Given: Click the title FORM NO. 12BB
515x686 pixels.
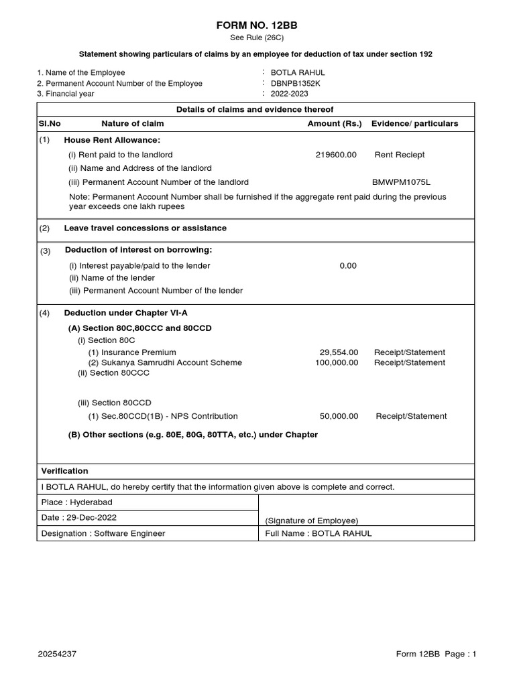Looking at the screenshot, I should pyautogui.click(x=257, y=25).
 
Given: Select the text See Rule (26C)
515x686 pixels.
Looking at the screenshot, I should pyautogui.click(x=257, y=38).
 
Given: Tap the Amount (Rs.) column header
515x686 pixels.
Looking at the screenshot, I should pyautogui.click(x=334, y=123).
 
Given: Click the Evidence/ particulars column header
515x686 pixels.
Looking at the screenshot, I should pyautogui.click(x=414, y=123).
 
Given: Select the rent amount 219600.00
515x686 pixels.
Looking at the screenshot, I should pyautogui.click(x=336, y=155).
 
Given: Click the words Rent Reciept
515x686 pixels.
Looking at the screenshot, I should pyautogui.click(x=399, y=155).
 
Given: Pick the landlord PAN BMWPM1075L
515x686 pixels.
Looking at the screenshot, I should pyautogui.click(x=401, y=182).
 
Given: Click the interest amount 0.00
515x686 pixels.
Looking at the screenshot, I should pyautogui.click(x=347, y=265).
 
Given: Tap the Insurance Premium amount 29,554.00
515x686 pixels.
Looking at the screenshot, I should pyautogui.click(x=339, y=352).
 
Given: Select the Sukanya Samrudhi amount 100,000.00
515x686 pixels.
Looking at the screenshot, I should pyautogui.click(x=337, y=362).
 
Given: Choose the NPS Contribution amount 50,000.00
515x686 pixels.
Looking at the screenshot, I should pyautogui.click(x=339, y=416).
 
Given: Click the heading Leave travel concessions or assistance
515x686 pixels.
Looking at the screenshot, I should pyautogui.click(x=145, y=228).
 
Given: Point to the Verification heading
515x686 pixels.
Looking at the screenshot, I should pyautogui.click(x=64, y=471).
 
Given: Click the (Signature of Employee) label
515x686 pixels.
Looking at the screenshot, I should pyautogui.click(x=311, y=521).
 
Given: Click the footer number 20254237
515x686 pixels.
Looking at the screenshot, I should pyautogui.click(x=57, y=655).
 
